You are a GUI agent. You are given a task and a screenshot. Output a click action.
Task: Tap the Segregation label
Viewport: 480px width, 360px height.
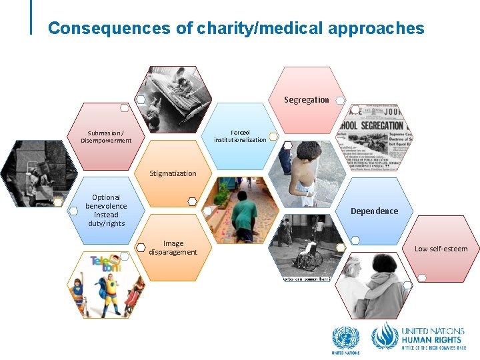[306, 100]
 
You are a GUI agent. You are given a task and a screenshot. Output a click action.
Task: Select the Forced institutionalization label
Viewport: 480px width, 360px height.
[240, 136]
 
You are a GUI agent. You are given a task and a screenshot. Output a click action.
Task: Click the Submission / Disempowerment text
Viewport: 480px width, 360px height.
[106, 136]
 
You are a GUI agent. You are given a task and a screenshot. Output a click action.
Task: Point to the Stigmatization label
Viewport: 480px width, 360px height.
[173, 173]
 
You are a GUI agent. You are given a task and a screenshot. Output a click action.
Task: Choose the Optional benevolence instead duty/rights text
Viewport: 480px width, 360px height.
[106, 210]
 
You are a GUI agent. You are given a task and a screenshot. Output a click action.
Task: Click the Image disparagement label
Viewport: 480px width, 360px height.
[173, 247]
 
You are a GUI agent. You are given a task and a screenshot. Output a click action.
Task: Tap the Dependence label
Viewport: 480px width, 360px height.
[374, 211]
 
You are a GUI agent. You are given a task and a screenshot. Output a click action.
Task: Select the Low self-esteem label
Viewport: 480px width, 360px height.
[441, 249]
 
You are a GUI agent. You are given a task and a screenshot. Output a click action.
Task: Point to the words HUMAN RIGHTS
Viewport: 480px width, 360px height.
[431, 339]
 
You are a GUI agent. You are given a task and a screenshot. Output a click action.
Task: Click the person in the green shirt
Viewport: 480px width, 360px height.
[246, 213]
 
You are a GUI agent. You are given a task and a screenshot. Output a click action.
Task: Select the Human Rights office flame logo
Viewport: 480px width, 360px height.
[385, 337]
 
